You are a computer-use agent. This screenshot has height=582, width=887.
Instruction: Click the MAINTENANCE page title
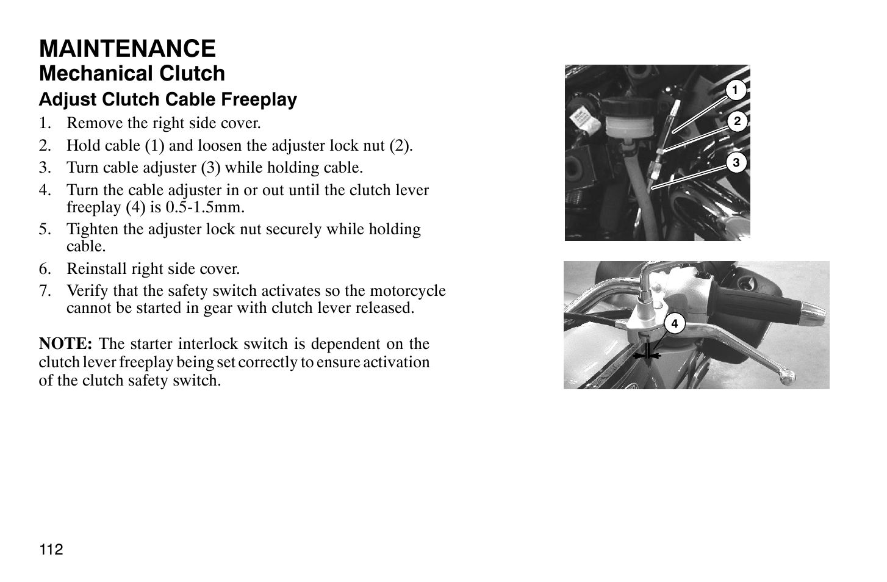(127, 48)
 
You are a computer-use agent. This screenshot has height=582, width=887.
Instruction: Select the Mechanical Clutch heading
(132, 74)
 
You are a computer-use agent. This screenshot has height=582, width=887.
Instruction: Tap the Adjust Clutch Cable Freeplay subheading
(168, 99)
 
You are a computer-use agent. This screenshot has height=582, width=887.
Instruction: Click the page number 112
(51, 550)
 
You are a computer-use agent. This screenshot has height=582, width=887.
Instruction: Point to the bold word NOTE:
(65, 343)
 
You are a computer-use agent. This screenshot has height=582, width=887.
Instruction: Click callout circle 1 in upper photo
(735, 90)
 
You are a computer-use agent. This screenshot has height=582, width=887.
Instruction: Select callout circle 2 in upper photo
(737, 122)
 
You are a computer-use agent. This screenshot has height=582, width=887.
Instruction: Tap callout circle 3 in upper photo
(736, 163)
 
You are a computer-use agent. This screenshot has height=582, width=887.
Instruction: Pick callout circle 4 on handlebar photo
(674, 323)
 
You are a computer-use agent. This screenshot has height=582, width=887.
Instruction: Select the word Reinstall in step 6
(92, 269)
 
